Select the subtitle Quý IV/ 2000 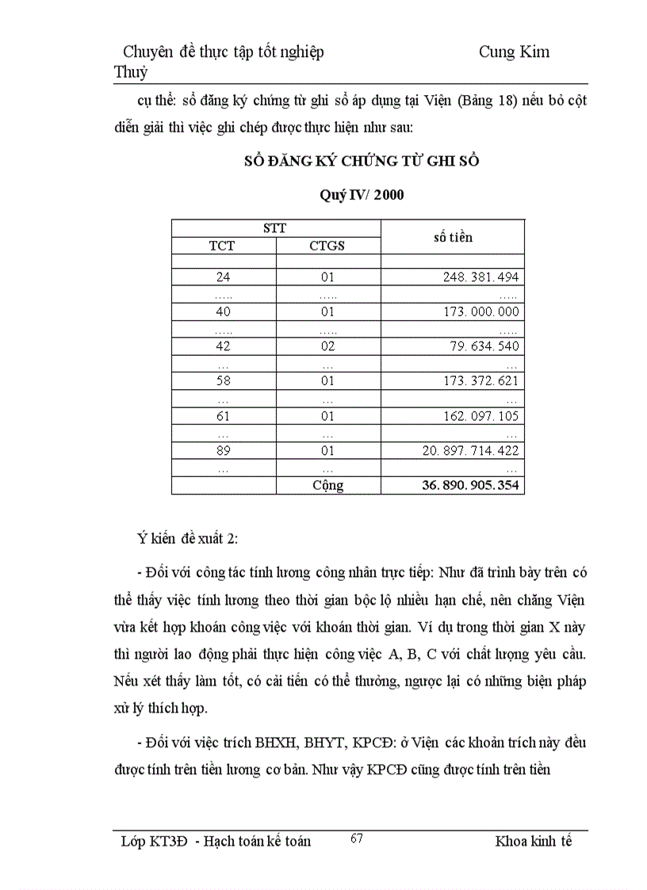(361, 195)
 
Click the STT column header (275, 228)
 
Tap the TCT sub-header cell (222, 246)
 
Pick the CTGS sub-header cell (327, 246)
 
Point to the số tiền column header (453, 237)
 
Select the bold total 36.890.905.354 (470, 485)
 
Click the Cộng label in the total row (327, 485)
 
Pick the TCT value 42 (223, 346)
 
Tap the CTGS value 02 (327, 346)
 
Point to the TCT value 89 (223, 450)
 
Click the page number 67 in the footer (357, 838)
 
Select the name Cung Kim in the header (514, 52)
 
